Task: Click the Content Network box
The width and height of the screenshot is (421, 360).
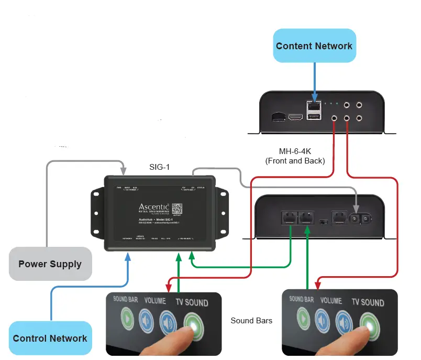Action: (314, 46)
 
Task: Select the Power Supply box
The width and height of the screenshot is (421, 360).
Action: (50, 264)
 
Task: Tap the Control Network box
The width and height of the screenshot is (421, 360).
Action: (50, 338)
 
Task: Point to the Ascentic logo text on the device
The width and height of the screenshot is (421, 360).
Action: (152, 208)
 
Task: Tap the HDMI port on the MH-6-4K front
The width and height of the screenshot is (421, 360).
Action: (297, 116)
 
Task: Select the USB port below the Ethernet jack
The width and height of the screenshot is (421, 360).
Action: (314, 117)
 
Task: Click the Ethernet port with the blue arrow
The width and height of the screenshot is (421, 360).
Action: (314, 105)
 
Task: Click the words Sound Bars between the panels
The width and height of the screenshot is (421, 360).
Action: (251, 320)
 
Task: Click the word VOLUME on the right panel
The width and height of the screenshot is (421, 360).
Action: (331, 301)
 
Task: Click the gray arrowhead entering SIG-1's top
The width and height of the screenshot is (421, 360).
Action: (124, 171)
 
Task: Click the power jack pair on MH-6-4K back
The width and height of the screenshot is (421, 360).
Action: (361, 217)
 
